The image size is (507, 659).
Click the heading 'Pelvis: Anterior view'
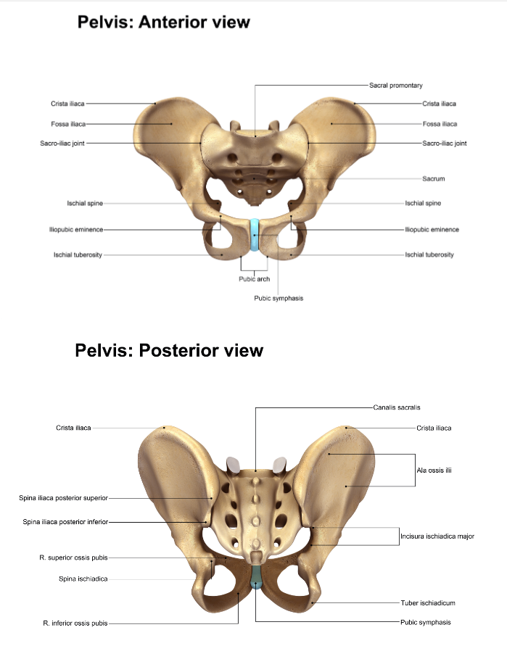tap(163, 22)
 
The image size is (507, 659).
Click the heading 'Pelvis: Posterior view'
tap(169, 351)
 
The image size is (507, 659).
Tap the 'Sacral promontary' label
tap(395, 86)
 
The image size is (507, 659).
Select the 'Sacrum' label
tap(433, 178)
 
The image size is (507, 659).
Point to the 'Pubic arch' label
tap(254, 279)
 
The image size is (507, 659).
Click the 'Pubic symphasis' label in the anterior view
tap(278, 299)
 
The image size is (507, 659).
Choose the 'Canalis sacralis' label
tap(397, 407)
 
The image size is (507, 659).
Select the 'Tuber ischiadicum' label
tap(427, 602)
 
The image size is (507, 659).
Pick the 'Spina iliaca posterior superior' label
tap(64, 498)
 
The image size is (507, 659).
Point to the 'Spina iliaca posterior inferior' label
tap(65, 521)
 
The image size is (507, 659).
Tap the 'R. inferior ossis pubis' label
tap(75, 623)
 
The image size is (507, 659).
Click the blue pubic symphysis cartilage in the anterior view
tap(254, 236)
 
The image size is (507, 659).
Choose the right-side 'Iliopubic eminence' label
tap(432, 230)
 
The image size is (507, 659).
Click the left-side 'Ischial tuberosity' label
tap(78, 254)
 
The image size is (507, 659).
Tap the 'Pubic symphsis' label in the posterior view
tap(425, 622)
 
